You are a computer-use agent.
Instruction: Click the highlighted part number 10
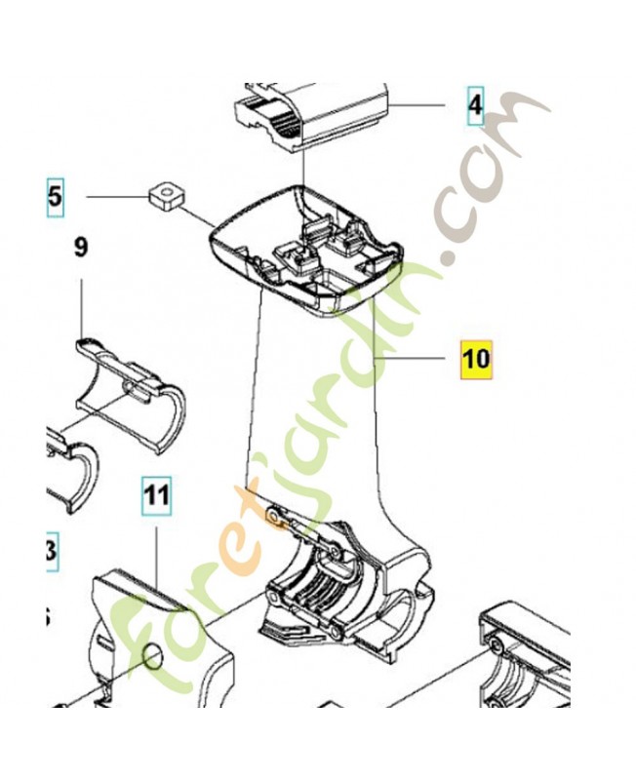pyautogui.click(x=476, y=360)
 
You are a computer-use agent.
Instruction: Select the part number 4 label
pyautogui.click(x=474, y=104)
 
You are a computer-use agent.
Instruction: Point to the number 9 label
pyautogui.click(x=81, y=248)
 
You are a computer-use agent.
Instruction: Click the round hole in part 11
pyautogui.click(x=151, y=655)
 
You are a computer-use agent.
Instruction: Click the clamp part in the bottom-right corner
pyautogui.click(x=527, y=663)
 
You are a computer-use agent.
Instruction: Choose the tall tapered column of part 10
pyautogui.click(x=317, y=409)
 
